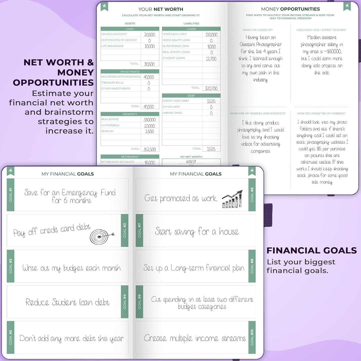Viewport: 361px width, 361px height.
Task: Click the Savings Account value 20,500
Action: (x=150, y=35)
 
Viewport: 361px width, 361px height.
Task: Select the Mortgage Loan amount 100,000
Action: (x=211, y=35)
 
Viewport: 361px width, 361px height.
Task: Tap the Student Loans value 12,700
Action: (x=211, y=59)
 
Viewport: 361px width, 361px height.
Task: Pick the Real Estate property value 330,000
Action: (x=149, y=120)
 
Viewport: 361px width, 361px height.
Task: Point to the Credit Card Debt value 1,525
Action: (x=211, y=101)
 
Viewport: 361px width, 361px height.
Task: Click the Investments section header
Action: (x=130, y=71)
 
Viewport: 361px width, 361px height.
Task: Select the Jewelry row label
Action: (x=108, y=131)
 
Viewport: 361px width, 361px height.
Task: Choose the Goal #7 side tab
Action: (x=139, y=230)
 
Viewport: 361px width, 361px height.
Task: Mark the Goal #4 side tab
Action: (x=125, y=302)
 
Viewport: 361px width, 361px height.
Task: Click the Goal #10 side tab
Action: (x=252, y=337)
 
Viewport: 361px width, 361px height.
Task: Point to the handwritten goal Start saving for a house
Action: (x=197, y=232)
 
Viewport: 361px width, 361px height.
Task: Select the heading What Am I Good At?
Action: (x=258, y=30)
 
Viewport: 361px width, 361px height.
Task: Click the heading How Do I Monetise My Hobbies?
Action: (x=321, y=113)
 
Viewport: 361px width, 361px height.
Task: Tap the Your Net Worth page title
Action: (x=161, y=9)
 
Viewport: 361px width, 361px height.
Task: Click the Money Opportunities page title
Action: (x=290, y=9)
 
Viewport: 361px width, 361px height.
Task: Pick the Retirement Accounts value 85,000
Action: (x=150, y=163)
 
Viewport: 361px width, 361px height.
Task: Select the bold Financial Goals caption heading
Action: (x=312, y=250)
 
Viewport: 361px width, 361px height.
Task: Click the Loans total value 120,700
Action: (x=211, y=88)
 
